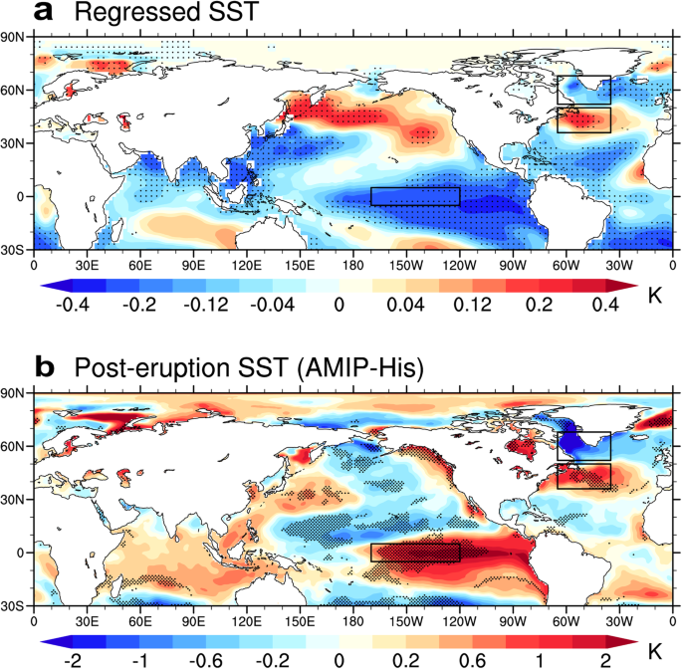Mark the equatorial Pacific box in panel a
[x=415, y=196]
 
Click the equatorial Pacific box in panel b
[x=415, y=553]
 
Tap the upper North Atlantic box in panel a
[x=584, y=90]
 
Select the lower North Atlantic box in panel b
[x=584, y=476]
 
